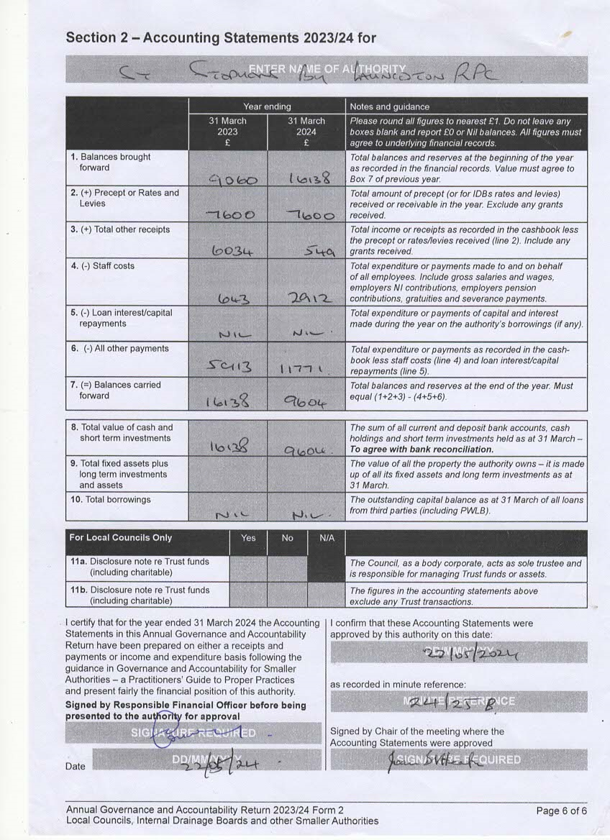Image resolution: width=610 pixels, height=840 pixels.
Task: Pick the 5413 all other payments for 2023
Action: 229,367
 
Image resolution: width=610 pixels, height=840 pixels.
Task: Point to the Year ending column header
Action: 267,106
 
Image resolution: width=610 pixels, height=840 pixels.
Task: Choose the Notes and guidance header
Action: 389,106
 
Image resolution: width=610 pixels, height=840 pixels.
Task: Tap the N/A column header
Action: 326,538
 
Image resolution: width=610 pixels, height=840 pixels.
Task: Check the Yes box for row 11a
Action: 248,567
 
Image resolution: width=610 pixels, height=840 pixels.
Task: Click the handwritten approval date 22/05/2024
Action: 469,652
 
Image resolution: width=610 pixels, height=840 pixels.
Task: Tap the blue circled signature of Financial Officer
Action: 168,734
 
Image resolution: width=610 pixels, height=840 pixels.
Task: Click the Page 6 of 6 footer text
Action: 561,811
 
